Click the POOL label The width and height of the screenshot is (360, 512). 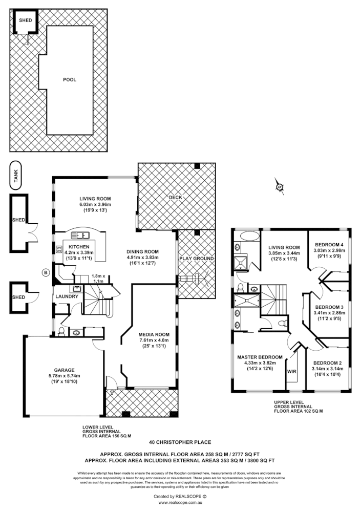(70, 80)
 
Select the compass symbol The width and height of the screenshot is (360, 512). (279, 186)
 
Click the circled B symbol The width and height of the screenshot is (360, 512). (46, 273)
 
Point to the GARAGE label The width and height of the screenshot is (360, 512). (65, 370)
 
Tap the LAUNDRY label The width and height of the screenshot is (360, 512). (67, 296)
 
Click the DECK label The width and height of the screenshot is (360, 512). (176, 197)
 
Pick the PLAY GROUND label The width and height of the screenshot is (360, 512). (196, 259)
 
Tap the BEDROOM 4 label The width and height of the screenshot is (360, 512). (329, 245)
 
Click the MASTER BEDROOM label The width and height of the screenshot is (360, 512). (260, 357)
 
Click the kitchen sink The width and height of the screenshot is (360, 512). (82, 236)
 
